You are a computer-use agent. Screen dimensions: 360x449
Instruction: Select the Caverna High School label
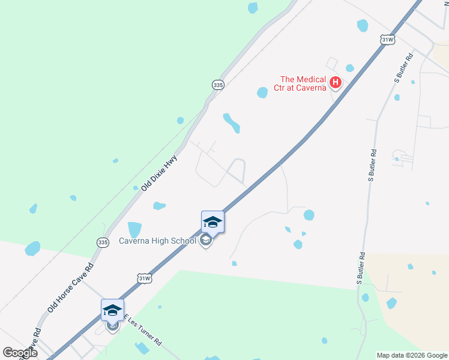162,241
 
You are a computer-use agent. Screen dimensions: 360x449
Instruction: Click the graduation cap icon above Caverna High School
212,223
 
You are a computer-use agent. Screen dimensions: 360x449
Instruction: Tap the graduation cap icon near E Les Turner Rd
112,310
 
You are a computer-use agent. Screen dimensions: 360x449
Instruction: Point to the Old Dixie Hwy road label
160,173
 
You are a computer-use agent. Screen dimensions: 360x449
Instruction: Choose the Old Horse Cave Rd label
70,288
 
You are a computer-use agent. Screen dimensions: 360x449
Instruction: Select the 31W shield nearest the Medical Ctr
388,40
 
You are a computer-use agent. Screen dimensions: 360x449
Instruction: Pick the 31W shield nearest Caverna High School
145,278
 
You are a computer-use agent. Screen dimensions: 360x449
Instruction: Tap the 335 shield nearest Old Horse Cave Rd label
103,242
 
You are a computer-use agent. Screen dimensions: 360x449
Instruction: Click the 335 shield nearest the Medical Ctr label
218,85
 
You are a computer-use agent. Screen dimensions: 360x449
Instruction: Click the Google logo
20,352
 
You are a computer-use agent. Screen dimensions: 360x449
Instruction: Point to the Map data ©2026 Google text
412,355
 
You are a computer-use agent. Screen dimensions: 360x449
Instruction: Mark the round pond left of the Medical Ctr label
262,92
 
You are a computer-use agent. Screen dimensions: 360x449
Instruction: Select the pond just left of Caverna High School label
134,229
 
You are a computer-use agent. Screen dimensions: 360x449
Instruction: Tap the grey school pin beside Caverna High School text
206,242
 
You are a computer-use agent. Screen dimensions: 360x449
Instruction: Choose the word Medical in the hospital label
313,79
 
